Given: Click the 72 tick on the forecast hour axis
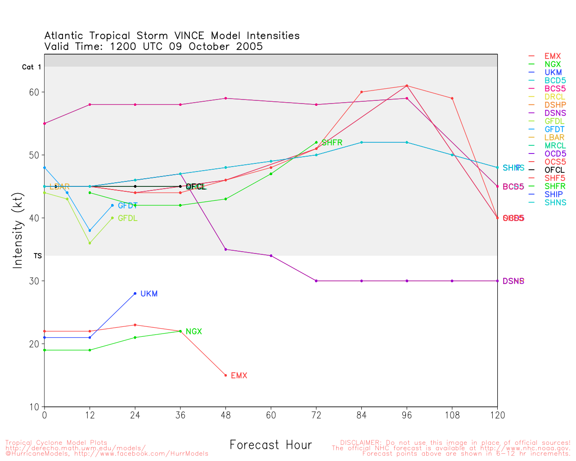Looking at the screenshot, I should click(x=316, y=416).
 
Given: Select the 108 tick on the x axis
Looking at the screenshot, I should click(x=452, y=416).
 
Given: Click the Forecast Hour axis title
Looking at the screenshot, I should click(x=270, y=445).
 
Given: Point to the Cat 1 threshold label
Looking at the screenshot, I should click(x=31, y=67).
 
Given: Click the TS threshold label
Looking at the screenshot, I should click(x=38, y=256).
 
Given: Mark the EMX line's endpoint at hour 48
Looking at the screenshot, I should click(x=225, y=375).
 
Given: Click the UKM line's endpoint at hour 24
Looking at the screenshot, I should click(x=135, y=294).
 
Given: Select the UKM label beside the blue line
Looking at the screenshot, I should click(x=149, y=294).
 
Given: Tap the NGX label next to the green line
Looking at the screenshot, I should click(x=193, y=332).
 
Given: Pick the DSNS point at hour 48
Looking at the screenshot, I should click(x=225, y=249).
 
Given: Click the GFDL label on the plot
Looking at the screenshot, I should click(x=127, y=218).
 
